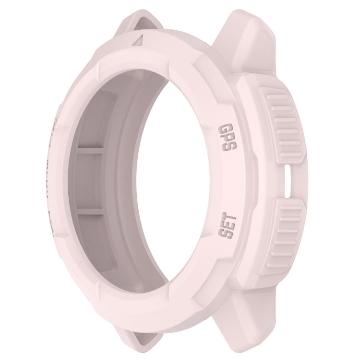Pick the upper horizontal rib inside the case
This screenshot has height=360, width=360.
pyautogui.click(x=89, y=150)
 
